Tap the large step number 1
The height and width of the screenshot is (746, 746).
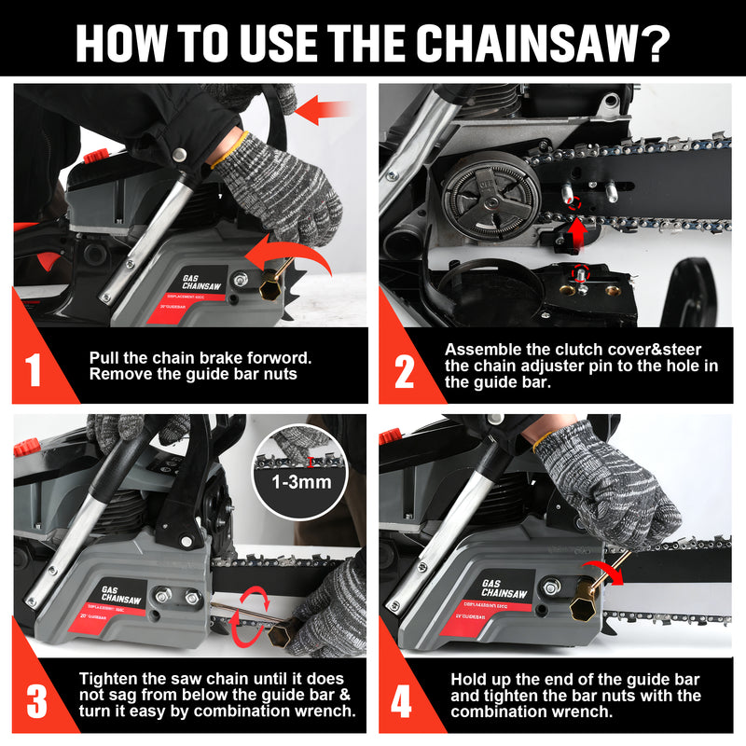(x=35, y=369)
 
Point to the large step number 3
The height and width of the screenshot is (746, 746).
(x=35, y=701)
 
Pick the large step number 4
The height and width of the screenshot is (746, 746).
(x=402, y=701)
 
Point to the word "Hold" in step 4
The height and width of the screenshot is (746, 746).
(x=469, y=678)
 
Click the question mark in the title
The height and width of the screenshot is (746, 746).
(x=653, y=41)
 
